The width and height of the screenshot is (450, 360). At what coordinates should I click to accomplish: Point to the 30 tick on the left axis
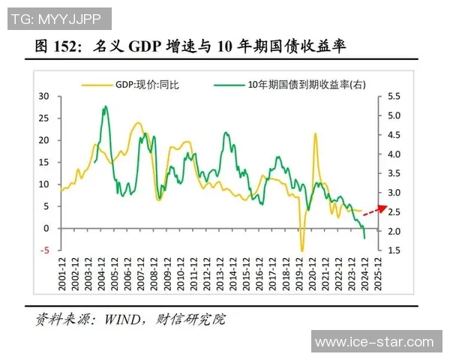point(43,97)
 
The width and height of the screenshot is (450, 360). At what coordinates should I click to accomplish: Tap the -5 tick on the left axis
point(45,250)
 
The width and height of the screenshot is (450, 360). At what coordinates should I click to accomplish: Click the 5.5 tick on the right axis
point(396,97)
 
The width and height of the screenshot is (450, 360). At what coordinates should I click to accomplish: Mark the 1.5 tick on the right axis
point(396,250)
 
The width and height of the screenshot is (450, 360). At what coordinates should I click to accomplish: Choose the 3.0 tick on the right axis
point(396,193)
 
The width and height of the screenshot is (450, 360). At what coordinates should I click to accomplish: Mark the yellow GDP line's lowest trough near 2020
point(302,250)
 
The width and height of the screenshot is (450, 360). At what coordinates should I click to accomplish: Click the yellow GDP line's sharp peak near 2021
point(315,134)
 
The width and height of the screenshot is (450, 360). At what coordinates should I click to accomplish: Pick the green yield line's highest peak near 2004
point(105,106)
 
